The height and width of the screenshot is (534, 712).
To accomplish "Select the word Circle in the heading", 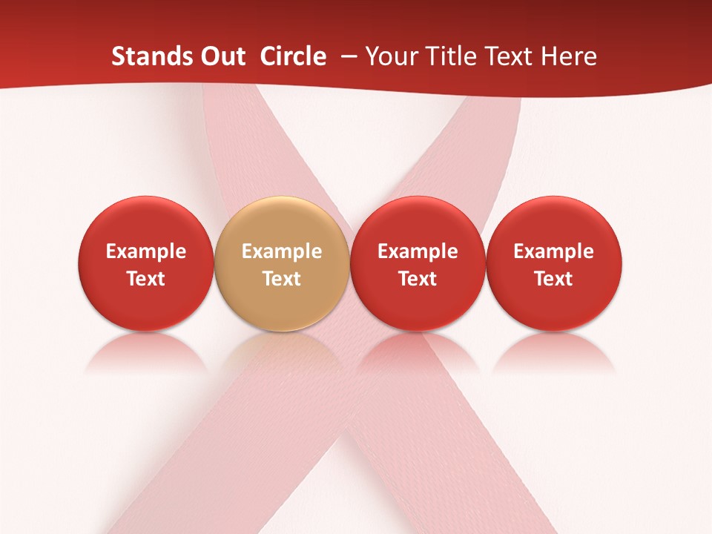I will point(293,56).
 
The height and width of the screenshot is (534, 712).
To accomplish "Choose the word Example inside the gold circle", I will point(282,251).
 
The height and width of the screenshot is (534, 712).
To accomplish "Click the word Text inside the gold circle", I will point(282,279).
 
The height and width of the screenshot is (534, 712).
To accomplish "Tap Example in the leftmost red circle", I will point(146,251).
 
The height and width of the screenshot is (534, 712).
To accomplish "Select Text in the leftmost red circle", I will point(146,279).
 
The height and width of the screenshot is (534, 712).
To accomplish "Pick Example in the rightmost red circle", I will point(554,251).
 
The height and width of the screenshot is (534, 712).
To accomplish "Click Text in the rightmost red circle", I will point(554,279).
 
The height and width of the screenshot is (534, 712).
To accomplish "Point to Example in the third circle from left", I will point(418,251).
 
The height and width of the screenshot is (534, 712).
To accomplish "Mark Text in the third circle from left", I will point(418,279).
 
